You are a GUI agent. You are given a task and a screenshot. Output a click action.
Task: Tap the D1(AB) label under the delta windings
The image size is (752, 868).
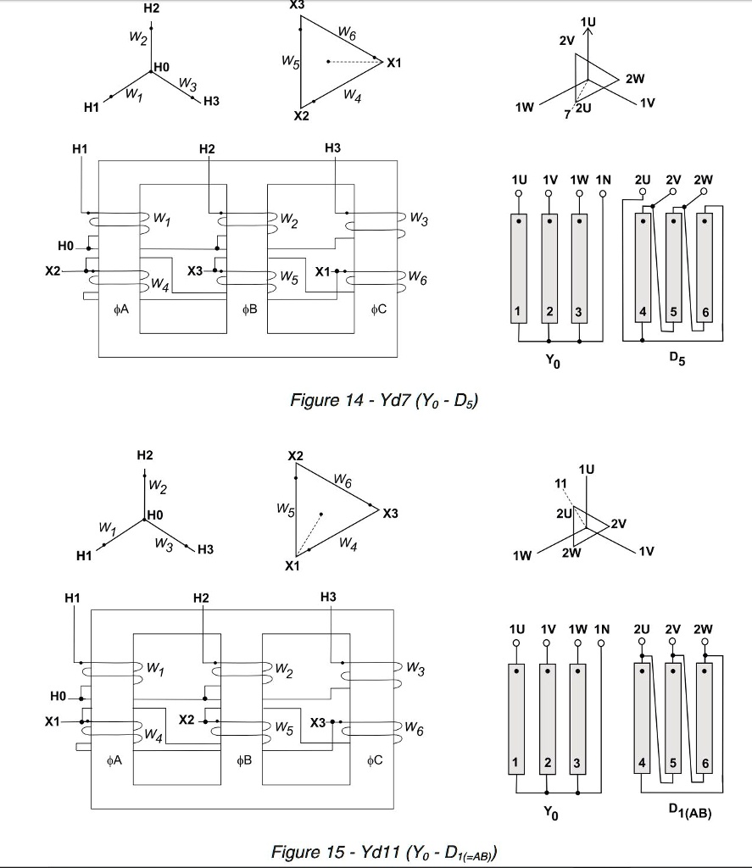point(688,812)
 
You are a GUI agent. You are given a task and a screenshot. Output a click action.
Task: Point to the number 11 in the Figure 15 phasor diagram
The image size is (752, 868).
point(560,484)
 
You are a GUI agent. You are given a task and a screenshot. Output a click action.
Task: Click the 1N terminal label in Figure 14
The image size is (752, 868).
point(603,181)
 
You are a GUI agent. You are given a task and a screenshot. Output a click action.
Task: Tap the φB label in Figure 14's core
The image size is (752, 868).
point(249,309)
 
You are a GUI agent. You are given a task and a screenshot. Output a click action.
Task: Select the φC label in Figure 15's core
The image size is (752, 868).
point(376,760)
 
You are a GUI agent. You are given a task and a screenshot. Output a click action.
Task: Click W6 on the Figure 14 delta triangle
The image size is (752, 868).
point(347,34)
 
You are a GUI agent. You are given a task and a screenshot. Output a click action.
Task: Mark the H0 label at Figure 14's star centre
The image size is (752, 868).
point(161,66)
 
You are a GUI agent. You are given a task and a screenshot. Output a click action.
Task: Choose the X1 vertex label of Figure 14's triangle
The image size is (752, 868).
point(394,64)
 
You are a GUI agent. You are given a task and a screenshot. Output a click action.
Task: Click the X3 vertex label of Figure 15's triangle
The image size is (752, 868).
point(390,514)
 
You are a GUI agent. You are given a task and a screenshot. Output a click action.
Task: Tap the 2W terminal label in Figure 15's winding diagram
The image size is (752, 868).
point(703,630)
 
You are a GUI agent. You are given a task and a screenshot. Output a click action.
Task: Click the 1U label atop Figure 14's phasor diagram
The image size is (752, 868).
point(588,21)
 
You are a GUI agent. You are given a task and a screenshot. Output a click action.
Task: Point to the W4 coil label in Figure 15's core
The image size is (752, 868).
point(153,732)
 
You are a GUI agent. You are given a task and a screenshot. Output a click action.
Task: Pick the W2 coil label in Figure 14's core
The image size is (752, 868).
point(289,222)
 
